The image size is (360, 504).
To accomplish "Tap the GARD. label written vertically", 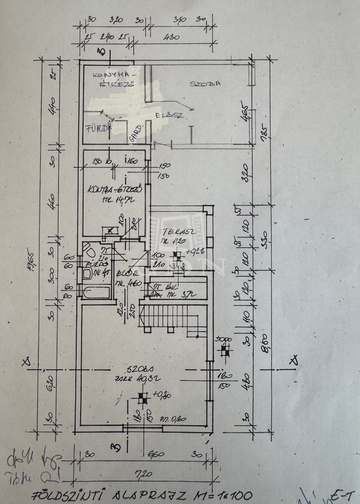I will [137, 133].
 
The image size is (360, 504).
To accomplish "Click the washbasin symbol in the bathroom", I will [87, 273].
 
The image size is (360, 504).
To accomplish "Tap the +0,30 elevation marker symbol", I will [143, 397].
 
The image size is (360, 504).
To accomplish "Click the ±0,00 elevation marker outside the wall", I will [225, 350].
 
